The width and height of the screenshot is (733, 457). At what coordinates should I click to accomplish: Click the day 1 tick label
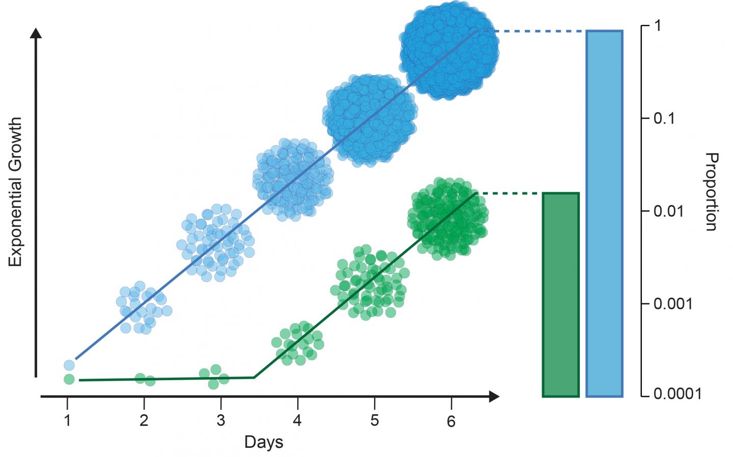tap(67, 420)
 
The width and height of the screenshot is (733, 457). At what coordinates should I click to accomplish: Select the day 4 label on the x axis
tap(297, 420)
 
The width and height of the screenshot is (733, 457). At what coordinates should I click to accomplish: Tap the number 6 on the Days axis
tap(451, 421)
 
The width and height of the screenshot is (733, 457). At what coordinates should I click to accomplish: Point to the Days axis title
tap(263, 442)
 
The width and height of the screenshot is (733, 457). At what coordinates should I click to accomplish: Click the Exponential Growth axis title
tap(16, 192)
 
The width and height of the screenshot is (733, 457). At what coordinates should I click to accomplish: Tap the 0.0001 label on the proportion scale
tap(676, 393)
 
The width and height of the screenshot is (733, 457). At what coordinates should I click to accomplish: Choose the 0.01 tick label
tap(668, 211)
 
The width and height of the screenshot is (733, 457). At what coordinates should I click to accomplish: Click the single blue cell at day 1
tap(69, 365)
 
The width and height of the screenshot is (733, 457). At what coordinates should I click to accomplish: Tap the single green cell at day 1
tap(69, 379)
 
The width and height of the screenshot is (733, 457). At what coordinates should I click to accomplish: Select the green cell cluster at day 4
tap(297, 344)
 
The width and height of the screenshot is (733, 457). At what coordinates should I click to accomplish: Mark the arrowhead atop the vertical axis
tap(36, 34)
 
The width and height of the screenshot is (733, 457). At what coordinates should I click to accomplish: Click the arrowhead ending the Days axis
tap(493, 396)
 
